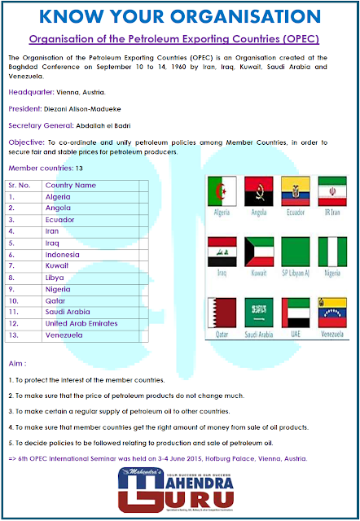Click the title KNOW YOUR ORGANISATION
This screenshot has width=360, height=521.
coord(179,16)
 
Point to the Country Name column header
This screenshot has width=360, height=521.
coord(70,186)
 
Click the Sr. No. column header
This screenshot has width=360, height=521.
coord(20,186)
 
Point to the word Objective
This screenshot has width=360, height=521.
coord(26,142)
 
